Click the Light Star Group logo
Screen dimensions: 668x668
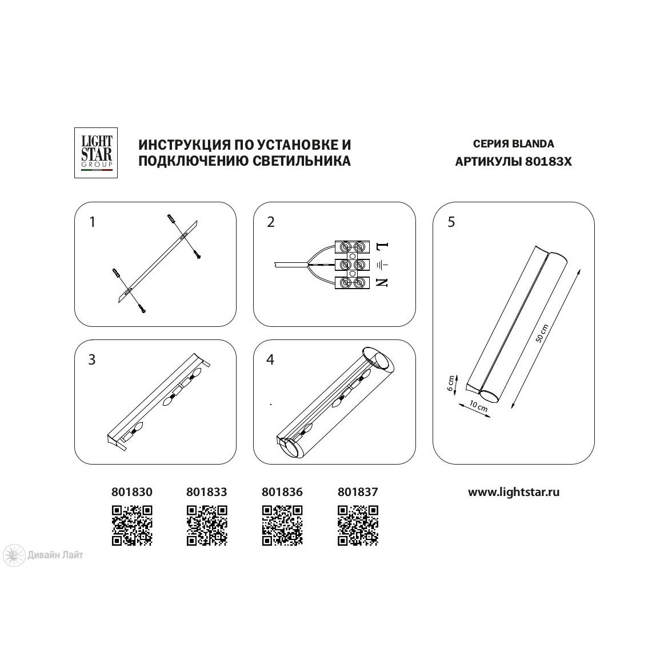click(96, 153)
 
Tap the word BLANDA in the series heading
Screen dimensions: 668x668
click(533, 144)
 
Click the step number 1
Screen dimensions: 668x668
click(92, 222)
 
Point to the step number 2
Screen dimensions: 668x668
click(271, 222)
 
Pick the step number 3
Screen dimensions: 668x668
click(91, 359)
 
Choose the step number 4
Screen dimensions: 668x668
click(270, 359)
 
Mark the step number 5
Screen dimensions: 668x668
click(451, 222)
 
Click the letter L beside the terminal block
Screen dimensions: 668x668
click(382, 246)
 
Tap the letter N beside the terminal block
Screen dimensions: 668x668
click(382, 282)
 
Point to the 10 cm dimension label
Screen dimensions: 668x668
click(478, 405)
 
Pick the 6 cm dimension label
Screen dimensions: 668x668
click(451, 383)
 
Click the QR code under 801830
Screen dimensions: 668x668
click(132, 525)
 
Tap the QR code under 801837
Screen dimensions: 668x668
click(358, 525)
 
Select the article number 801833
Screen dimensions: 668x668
click(207, 492)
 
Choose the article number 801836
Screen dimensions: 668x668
click(282, 492)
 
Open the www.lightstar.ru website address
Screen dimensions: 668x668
click(514, 493)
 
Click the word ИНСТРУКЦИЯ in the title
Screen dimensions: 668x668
click(185, 145)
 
